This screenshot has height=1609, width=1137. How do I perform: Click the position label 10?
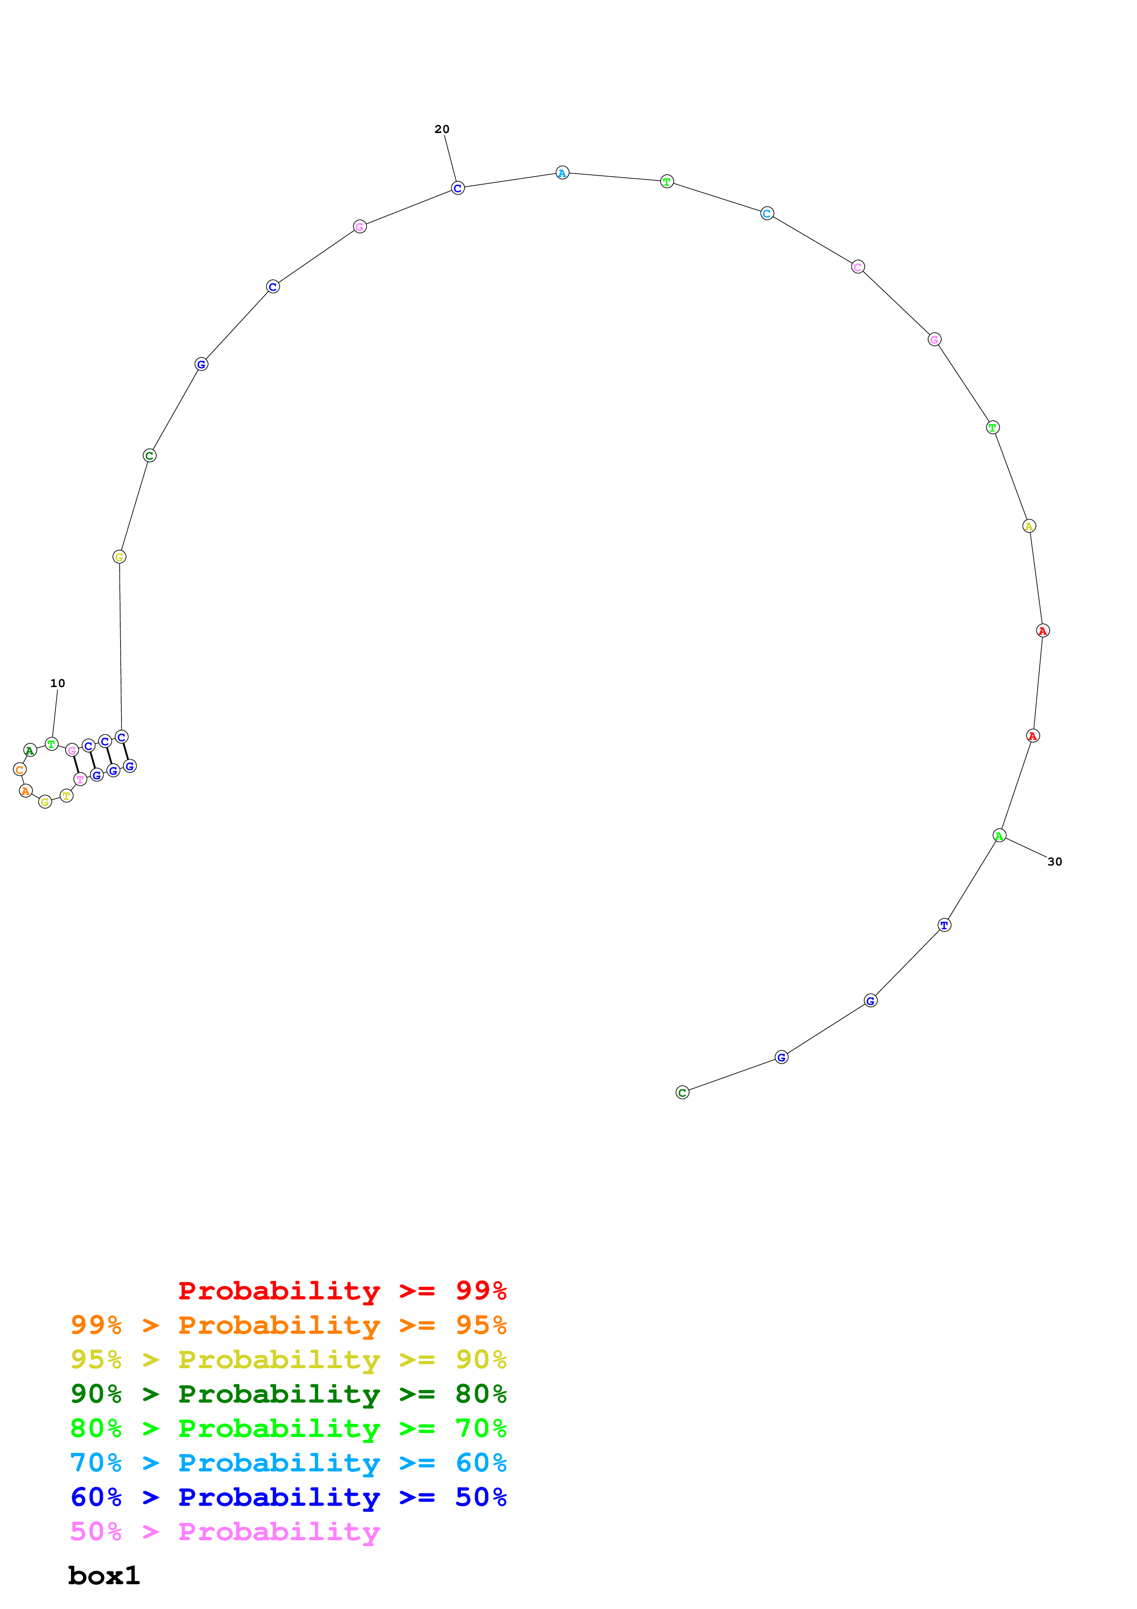57,683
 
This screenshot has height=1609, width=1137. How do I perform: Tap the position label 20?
442,129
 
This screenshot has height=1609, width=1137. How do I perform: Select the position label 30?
1054,862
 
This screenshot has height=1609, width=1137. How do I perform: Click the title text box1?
104,1576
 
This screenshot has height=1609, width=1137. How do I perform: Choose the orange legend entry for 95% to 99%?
288,1325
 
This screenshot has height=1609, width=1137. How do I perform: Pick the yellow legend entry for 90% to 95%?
288,1359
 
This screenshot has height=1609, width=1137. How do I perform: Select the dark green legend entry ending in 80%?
288,1394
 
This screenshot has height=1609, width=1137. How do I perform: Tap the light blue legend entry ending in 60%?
288,1463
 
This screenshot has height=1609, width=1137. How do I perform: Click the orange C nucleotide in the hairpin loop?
20,770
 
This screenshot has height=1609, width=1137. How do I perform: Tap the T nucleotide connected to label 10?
51,744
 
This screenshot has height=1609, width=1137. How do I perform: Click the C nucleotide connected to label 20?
457,188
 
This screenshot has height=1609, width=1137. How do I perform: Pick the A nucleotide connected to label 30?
1000,835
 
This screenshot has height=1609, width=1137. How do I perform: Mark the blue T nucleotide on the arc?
944,925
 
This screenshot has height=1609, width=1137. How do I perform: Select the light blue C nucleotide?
767,213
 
